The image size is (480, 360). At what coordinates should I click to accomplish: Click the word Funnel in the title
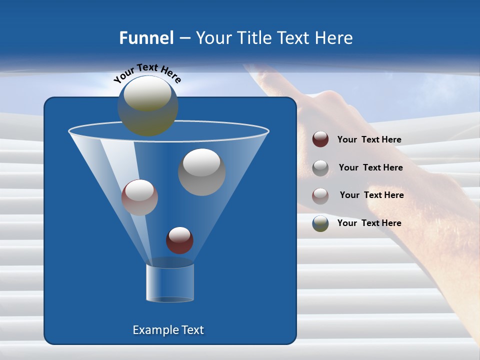click(146, 38)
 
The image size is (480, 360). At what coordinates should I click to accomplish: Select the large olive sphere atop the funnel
click(148, 105)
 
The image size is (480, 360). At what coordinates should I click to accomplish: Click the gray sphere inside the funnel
click(201, 172)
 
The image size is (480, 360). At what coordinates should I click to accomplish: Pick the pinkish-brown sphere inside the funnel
click(139, 197)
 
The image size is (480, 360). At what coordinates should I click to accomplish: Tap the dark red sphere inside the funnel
click(179, 240)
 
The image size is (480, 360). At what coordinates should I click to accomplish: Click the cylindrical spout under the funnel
click(169, 282)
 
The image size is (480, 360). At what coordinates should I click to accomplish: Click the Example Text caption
click(168, 330)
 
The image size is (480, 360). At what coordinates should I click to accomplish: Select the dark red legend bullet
click(320, 139)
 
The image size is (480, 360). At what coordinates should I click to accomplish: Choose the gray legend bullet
click(320, 168)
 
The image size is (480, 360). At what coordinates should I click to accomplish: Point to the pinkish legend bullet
click(320, 196)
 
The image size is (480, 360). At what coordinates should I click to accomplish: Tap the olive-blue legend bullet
click(320, 223)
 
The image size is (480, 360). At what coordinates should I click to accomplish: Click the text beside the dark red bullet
click(369, 140)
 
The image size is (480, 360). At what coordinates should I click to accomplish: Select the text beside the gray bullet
click(370, 168)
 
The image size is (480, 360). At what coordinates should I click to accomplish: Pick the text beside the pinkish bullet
click(371, 195)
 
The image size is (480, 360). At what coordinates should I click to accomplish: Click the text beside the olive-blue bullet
click(369, 223)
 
